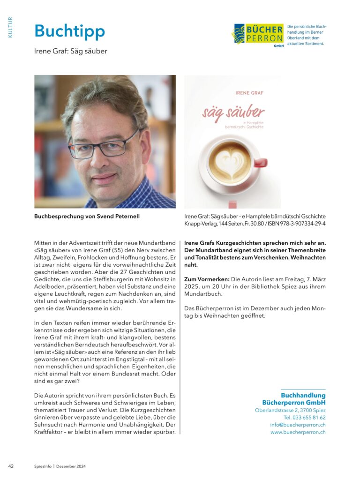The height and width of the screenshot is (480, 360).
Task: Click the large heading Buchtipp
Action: pos(69,31)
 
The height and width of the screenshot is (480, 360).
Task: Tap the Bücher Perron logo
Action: pos(258,34)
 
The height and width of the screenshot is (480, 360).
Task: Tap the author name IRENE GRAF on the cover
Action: pos(249,93)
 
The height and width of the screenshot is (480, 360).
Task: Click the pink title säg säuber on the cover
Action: pos(233,112)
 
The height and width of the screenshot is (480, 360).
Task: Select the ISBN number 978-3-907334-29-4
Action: pos(305,224)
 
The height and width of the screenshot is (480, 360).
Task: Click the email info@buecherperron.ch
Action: pos(298,425)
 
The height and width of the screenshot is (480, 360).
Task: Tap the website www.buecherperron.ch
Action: pos(298,432)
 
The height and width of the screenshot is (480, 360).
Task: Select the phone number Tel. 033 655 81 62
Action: pos(304,417)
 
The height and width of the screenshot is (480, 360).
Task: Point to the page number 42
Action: pos(11,466)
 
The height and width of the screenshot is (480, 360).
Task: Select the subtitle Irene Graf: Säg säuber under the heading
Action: pos(71,51)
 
